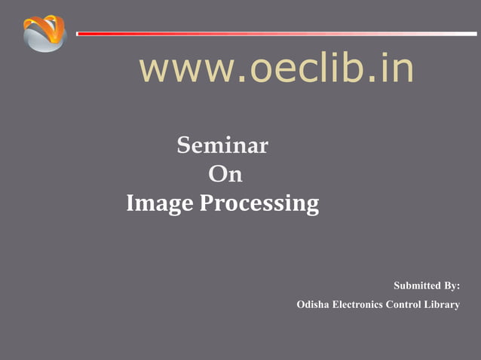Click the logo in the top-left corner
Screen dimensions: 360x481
(x=44, y=33)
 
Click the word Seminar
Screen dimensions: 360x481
(x=222, y=145)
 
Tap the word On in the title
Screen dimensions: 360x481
(x=225, y=174)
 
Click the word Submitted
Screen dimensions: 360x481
(x=417, y=286)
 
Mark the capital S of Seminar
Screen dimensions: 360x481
(x=183, y=145)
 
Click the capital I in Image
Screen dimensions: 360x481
(x=130, y=203)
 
